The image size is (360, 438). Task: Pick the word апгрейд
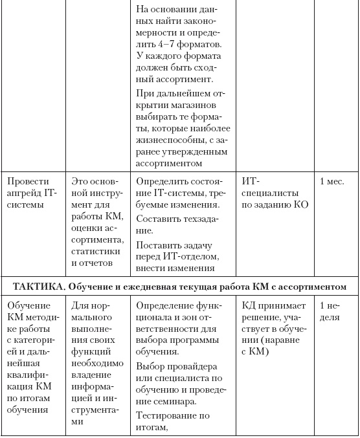(x=24, y=193)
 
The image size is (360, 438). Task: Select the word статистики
(x=95, y=251)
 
